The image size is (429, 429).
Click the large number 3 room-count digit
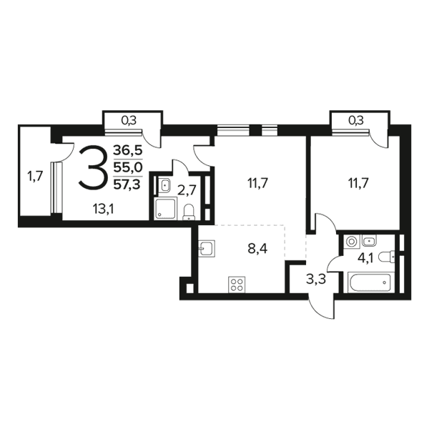[x=92, y=167]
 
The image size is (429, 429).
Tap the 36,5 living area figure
[x=128, y=150]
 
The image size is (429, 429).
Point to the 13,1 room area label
[x=104, y=209]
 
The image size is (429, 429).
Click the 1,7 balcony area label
[x=35, y=176]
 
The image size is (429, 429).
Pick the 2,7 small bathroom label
[x=187, y=190]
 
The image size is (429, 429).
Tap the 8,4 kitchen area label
[x=257, y=250]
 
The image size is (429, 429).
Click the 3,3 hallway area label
[x=316, y=280]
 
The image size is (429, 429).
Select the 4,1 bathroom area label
[x=367, y=258]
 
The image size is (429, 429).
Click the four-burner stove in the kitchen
[x=237, y=285]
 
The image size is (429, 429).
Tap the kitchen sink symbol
[x=207, y=248]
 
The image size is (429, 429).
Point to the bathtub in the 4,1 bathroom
[x=369, y=282]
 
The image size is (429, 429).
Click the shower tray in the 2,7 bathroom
[x=166, y=209]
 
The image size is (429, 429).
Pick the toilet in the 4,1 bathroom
[x=387, y=257]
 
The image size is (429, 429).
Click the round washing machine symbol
[x=351, y=242]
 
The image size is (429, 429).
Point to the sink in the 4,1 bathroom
[x=370, y=240]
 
